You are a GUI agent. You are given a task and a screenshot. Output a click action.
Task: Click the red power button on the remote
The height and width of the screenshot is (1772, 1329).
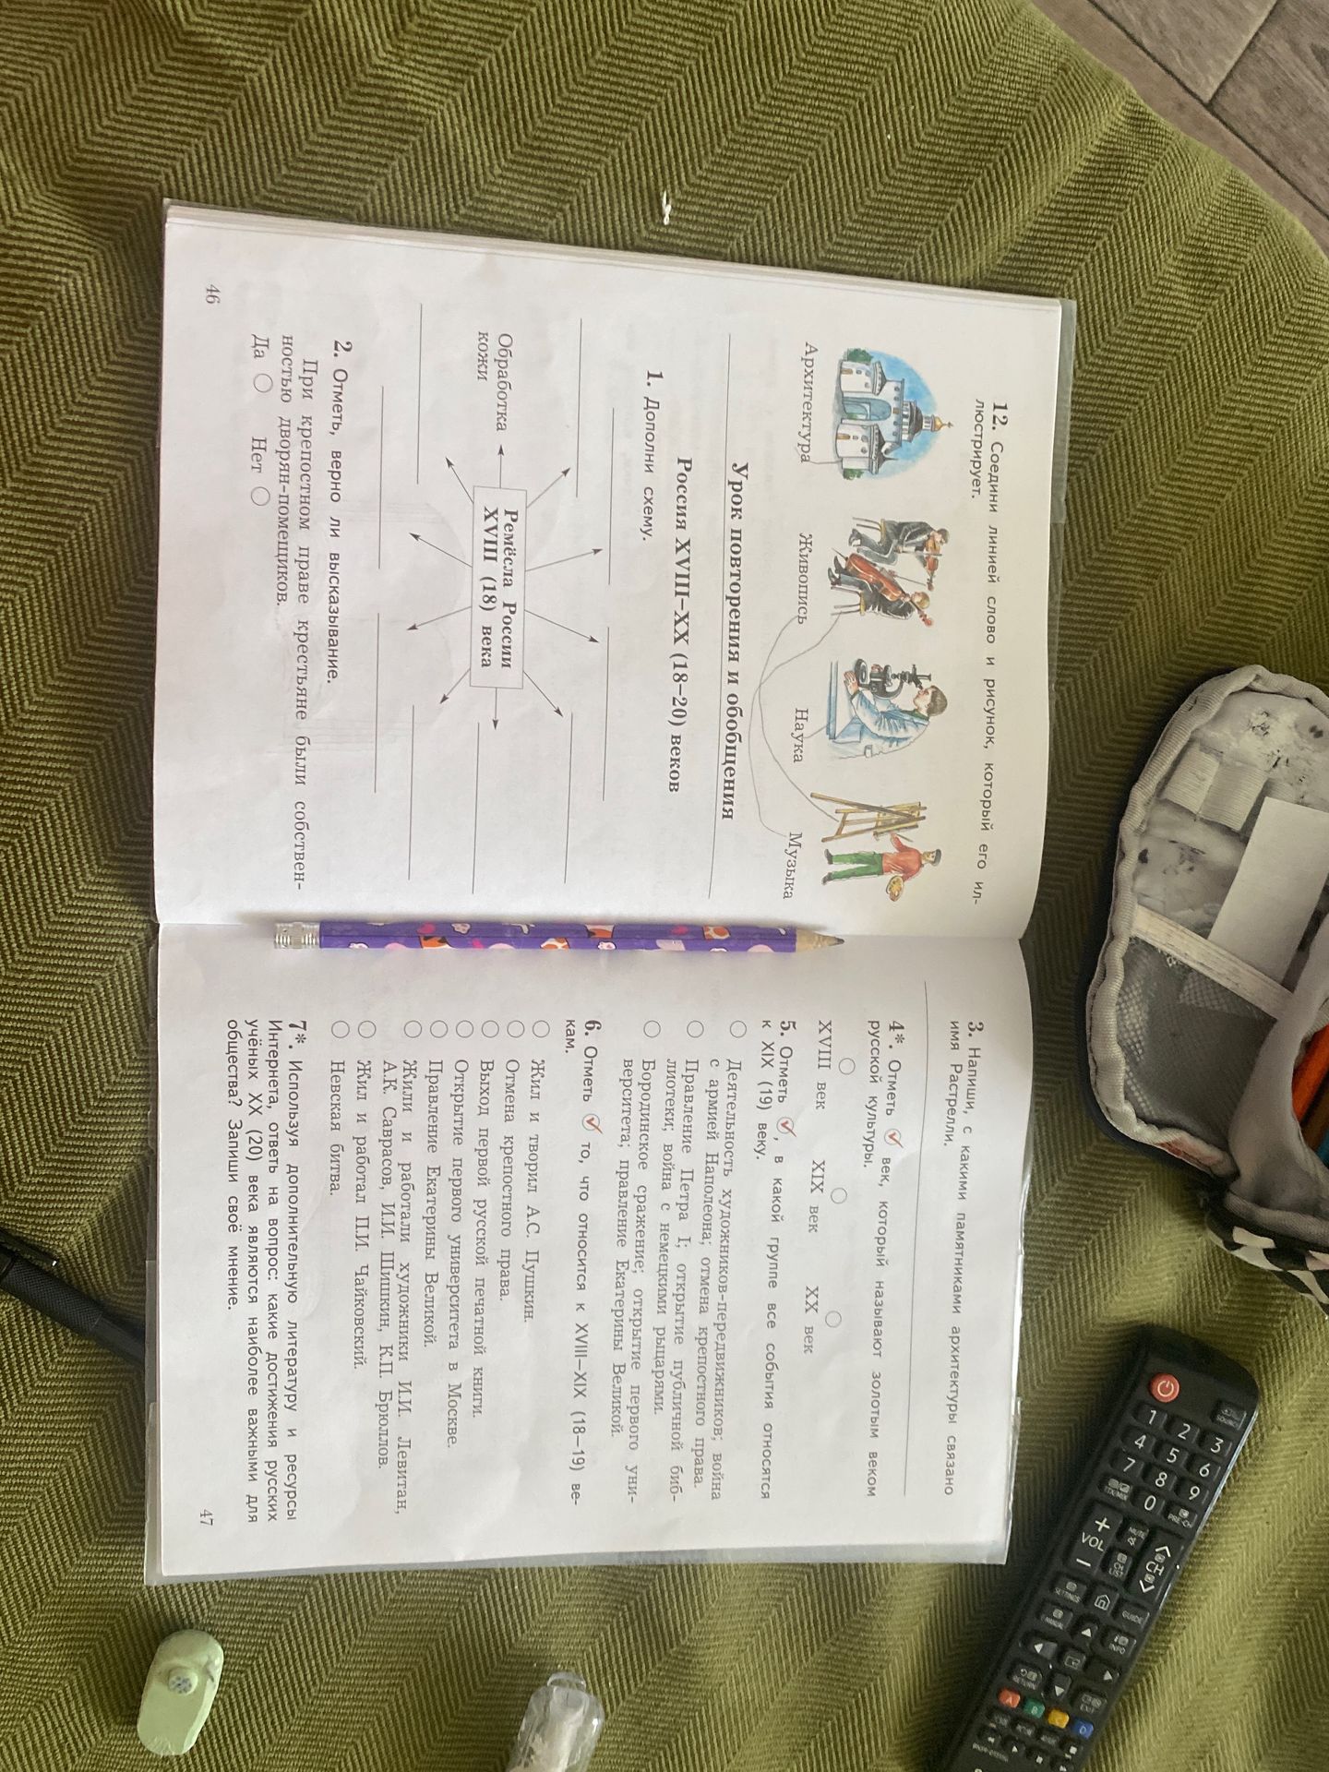coord(1165,1386)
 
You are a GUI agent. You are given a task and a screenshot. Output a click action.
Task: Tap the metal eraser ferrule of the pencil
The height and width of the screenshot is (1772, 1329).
coord(293,938)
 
